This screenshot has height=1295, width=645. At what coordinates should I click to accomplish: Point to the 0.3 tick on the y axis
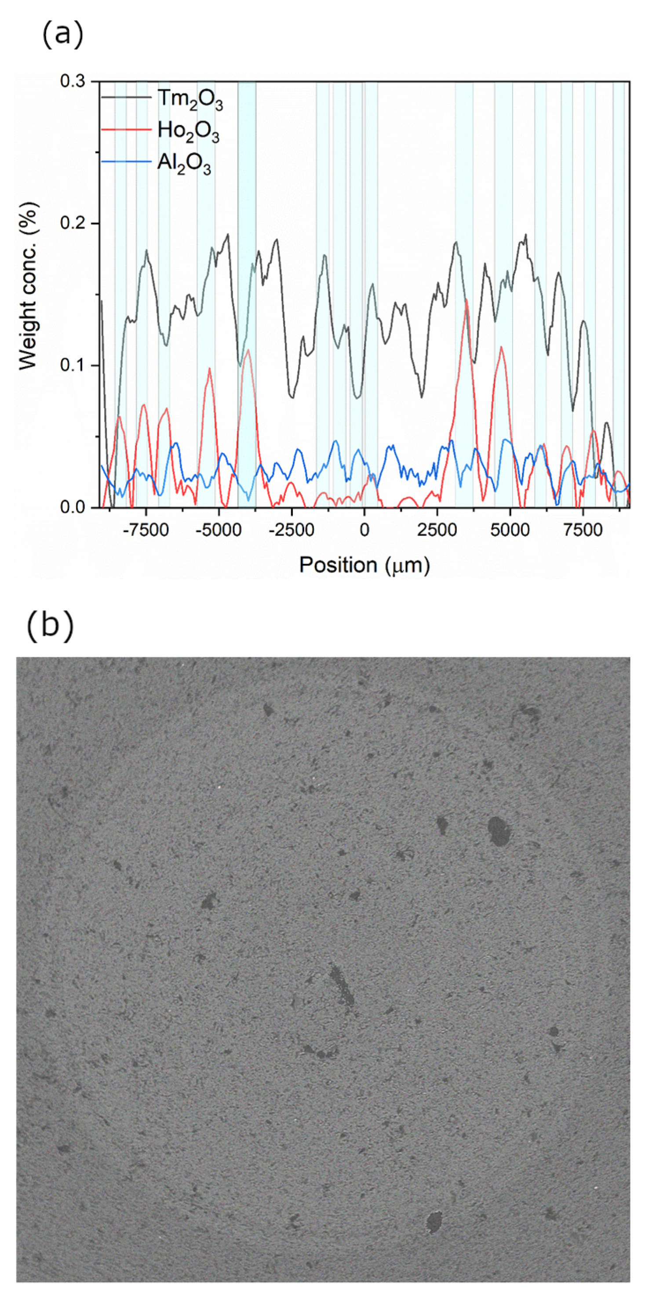[73, 81]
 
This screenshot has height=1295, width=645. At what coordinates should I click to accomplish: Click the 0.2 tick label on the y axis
[73, 223]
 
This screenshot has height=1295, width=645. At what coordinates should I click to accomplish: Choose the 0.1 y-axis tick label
[73, 365]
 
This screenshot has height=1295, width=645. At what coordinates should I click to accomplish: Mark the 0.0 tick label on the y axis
[73, 507]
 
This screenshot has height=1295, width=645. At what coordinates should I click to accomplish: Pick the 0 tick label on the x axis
[364, 531]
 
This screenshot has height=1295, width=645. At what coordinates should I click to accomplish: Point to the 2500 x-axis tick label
[437, 531]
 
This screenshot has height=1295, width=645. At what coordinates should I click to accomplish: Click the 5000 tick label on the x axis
[510, 531]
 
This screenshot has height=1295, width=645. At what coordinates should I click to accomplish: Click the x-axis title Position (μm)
[364, 565]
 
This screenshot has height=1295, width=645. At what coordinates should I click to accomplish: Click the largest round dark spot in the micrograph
[499, 831]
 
